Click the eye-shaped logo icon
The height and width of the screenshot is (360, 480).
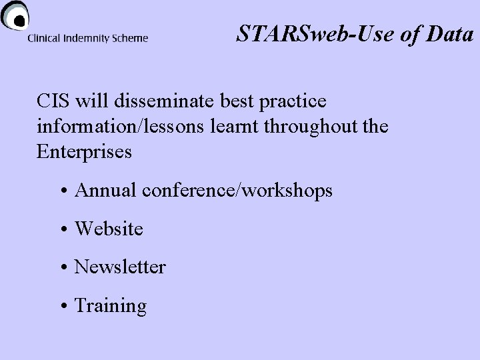[14, 15]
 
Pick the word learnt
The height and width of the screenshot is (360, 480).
[235, 126]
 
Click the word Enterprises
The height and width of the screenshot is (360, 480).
[85, 151]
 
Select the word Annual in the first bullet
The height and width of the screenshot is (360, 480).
[106, 191]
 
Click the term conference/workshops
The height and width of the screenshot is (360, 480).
[237, 191]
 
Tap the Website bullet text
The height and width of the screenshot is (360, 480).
[109, 229]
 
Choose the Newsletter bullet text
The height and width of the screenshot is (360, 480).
[120, 267]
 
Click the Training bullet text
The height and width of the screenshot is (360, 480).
[110, 306]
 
